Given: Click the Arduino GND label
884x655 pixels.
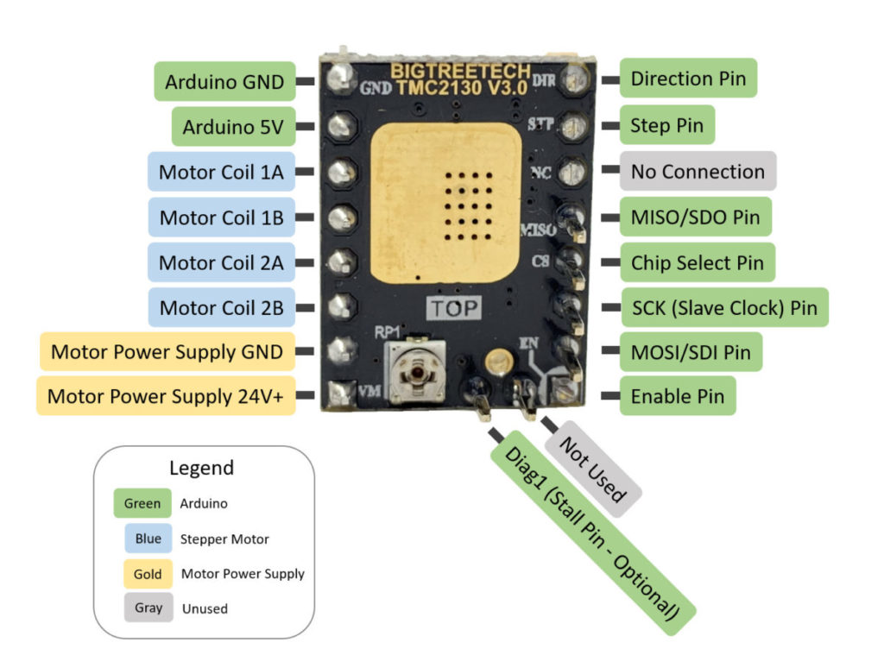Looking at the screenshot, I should pyautogui.click(x=224, y=82).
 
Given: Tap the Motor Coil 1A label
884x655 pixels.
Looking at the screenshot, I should pyautogui.click(x=221, y=173).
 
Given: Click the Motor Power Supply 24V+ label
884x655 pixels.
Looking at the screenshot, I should pyautogui.click(x=166, y=396).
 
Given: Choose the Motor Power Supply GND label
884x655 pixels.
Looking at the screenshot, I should pyautogui.click(x=167, y=352).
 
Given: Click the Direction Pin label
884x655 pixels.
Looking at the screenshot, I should pyautogui.click(x=688, y=79).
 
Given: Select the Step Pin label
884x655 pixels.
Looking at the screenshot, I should pyautogui.click(x=666, y=126).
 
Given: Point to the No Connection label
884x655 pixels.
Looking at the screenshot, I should pyautogui.click(x=698, y=172).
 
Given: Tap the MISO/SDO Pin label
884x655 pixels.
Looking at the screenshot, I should pyautogui.click(x=695, y=217).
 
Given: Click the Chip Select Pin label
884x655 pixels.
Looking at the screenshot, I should pyautogui.click(x=697, y=262).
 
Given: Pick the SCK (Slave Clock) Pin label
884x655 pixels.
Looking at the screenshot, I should pyautogui.click(x=724, y=307).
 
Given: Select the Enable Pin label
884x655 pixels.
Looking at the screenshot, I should pyautogui.click(x=678, y=397).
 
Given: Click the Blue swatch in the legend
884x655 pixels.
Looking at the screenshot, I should pyautogui.click(x=148, y=538).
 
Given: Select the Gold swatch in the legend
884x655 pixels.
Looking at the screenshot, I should pyautogui.click(x=148, y=573).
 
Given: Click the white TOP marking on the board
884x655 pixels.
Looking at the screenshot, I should pyautogui.click(x=455, y=308).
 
